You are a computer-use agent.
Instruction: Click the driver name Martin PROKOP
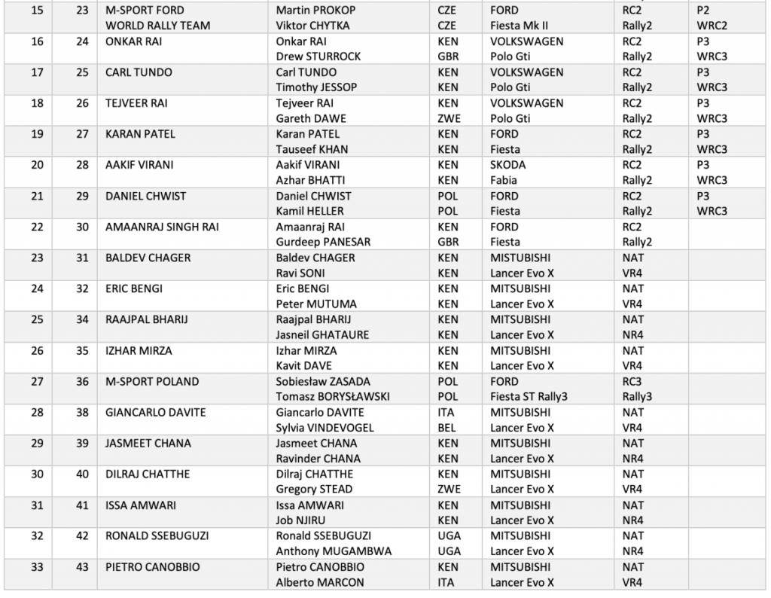coord(315,11)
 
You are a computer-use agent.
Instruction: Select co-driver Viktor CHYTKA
coord(315,26)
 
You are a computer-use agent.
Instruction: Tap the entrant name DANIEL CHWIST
coord(145,196)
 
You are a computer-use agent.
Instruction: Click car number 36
coord(83,381)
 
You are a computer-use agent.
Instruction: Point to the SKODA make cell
coord(508,165)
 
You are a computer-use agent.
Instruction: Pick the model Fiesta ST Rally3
coord(533,397)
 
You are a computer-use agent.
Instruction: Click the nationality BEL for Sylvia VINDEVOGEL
coord(447,428)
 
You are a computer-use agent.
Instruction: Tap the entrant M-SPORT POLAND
coord(152,381)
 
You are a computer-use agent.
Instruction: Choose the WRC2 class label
coord(712,26)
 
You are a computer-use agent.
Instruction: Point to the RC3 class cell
coord(632,381)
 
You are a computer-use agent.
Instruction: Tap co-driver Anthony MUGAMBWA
coord(334,551)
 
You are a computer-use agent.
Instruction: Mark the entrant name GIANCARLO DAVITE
coord(156,412)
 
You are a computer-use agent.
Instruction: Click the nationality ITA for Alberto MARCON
coord(446,582)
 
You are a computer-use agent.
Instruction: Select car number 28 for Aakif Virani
coord(83,165)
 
